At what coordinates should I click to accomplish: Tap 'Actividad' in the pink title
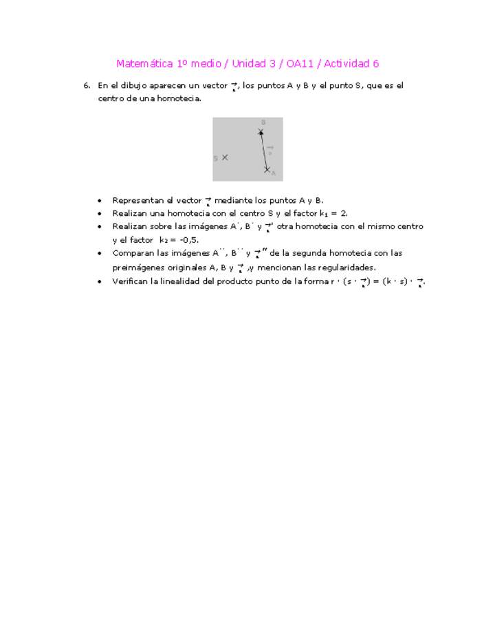click(346, 64)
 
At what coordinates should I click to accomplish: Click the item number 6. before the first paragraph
click(87, 86)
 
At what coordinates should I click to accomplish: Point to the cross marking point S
click(225, 157)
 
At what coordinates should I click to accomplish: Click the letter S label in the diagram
click(215, 158)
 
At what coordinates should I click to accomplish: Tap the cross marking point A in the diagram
click(267, 169)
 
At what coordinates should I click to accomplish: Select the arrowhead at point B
click(261, 131)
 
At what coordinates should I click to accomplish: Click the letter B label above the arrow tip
click(263, 122)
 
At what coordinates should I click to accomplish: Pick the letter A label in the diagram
click(273, 173)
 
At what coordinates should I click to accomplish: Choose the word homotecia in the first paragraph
click(180, 99)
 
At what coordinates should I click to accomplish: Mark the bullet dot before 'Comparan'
click(100, 253)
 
